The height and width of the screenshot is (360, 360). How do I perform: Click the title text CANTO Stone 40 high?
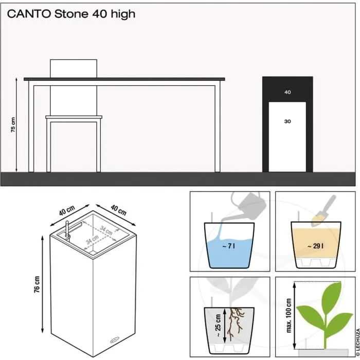(71, 14)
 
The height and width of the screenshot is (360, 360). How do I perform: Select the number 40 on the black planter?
(287, 93)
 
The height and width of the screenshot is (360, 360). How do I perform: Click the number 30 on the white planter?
(287, 121)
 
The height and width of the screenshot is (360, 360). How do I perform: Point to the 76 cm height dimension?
(37, 283)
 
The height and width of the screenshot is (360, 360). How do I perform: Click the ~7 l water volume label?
(229, 246)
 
